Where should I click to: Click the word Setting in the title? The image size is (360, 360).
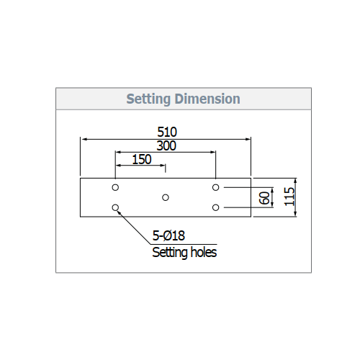tap(148, 99)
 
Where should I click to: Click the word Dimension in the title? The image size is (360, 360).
tap(207, 99)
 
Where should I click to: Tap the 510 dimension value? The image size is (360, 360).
tap(167, 132)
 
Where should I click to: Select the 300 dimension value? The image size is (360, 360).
tap(166, 145)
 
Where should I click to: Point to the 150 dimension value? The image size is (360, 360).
tap(142, 159)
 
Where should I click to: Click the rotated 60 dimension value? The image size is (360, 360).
tap(264, 198)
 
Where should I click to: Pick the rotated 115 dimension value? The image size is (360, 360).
tap(289, 197)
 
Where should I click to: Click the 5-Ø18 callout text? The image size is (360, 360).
tap(168, 235)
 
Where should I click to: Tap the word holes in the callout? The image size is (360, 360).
tap(204, 252)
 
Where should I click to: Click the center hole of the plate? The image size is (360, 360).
tap(166, 197)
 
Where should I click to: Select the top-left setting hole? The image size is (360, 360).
tap(115, 187)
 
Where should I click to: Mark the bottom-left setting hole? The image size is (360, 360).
tap(115, 207)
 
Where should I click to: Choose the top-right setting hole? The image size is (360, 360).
tap(215, 187)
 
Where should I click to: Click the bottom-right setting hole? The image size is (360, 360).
tap(215, 207)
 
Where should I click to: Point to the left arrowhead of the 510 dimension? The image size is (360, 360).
tap(84, 139)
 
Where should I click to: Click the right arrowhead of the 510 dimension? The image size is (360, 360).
tap(248, 139)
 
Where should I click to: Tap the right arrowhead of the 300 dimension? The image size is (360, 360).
tap(212, 152)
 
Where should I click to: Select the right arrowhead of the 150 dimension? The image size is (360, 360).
tap(163, 166)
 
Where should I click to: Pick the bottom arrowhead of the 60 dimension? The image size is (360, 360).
tap(272, 204)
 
